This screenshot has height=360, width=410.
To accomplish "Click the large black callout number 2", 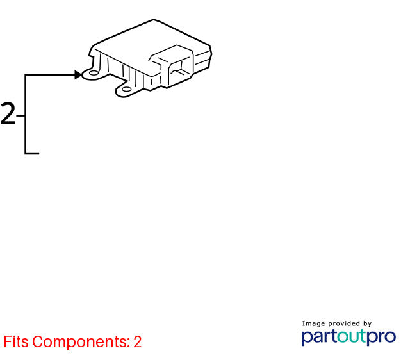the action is click(8, 114).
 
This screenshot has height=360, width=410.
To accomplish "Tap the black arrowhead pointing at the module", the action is click(78, 75).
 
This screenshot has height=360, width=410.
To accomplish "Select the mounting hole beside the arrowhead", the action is click(94, 73).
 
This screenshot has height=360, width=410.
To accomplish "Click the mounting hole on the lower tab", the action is click(127, 90).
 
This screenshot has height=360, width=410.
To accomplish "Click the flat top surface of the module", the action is click(149, 39).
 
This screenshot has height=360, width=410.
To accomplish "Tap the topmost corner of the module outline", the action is click(154, 19).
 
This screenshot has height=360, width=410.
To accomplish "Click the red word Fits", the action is click(16, 341).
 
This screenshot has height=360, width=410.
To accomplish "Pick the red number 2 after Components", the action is click(138, 341).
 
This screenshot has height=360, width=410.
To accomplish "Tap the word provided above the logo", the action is click(344, 323).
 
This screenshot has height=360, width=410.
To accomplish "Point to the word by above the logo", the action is click(367, 324).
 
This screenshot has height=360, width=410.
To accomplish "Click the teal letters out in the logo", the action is click(352, 336).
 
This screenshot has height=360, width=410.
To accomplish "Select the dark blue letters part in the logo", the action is click(319, 337).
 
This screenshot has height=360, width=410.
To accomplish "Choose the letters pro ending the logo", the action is click(381, 338).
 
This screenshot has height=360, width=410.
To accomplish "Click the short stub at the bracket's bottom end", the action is click(32, 154).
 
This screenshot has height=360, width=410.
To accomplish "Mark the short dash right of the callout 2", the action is click(20, 115).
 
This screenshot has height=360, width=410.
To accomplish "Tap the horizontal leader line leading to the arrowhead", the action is click(50, 75).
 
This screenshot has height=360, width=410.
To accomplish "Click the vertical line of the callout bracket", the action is click(26, 114).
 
